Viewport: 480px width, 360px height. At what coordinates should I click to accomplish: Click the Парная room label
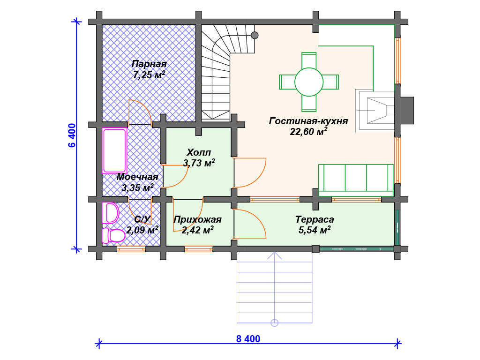click(x=149, y=64)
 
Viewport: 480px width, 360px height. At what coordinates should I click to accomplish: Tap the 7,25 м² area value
click(x=149, y=75)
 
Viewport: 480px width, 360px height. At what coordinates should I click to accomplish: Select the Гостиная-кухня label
click(x=308, y=121)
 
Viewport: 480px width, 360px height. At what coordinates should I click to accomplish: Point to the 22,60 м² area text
click(x=308, y=132)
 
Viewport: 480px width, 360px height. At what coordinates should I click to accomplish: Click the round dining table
click(x=309, y=82)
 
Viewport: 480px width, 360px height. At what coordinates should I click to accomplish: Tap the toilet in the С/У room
click(x=113, y=235)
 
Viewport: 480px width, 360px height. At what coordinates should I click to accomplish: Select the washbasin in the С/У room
click(x=111, y=213)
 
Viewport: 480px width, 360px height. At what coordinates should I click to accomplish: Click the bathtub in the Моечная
click(x=114, y=151)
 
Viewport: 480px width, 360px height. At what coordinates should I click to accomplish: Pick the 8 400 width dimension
click(x=248, y=338)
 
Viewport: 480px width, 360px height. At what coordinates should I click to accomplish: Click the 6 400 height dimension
click(x=72, y=135)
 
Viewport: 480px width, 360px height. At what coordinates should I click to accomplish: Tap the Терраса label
click(x=315, y=219)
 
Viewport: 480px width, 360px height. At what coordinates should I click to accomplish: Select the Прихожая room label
click(x=197, y=219)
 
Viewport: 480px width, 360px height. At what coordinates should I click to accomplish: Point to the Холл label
click(x=199, y=152)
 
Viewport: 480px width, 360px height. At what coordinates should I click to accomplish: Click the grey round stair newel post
click(x=255, y=35)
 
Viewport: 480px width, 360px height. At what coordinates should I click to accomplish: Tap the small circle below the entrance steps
click(x=275, y=322)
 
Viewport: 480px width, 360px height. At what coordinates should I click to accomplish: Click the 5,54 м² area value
click(x=315, y=230)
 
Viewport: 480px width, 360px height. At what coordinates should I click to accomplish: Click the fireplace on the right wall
click(x=384, y=111)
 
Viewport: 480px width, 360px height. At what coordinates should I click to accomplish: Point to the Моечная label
click(x=137, y=177)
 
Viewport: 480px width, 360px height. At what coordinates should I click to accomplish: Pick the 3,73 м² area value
click(x=199, y=163)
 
